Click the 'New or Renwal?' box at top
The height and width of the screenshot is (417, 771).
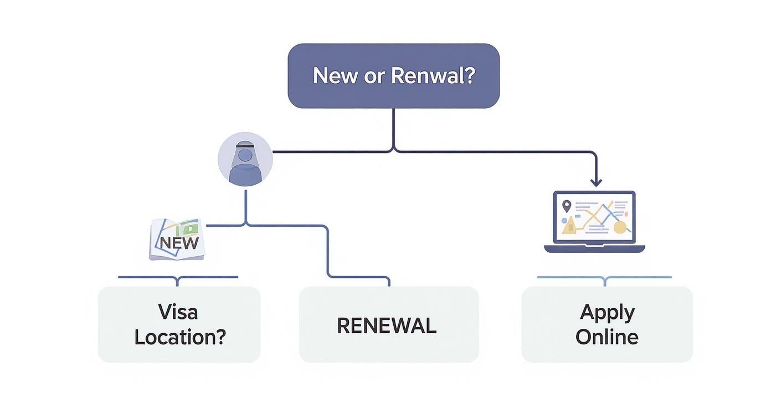tap(393, 75)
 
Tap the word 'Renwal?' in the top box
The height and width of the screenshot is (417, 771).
tap(433, 75)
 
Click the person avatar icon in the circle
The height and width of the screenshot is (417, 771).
tap(245, 159)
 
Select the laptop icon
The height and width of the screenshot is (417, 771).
tap(594, 221)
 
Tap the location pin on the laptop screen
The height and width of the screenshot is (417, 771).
tap(566, 206)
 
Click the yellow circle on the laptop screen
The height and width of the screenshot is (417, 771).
tap(619, 227)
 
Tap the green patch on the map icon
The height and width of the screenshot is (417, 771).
tap(191, 228)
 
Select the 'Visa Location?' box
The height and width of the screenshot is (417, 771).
tap(179, 324)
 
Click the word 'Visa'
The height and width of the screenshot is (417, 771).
tap(178, 312)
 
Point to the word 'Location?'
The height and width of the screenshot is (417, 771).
tap(180, 337)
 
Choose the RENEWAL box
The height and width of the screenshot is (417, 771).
tap(388, 324)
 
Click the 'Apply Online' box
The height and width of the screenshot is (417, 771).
tap(606, 324)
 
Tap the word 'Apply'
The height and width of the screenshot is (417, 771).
tap(606, 313)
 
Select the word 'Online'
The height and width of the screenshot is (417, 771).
tap(606, 337)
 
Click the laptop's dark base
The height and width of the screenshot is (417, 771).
tap(594, 249)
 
